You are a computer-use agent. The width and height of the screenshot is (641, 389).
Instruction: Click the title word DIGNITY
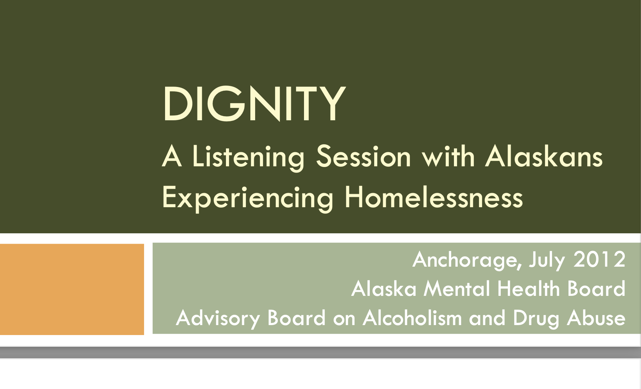[254, 103]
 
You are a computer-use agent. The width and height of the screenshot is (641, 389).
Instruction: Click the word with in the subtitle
[448, 156]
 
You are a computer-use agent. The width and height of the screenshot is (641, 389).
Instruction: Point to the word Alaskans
[544, 156]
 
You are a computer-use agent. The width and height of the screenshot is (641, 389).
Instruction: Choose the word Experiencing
[248, 198]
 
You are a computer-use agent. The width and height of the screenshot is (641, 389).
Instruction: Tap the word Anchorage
[467, 260]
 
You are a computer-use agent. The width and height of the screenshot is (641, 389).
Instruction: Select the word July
[547, 260]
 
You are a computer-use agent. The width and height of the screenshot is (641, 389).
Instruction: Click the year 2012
[599, 259]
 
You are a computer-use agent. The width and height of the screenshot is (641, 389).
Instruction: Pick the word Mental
[457, 289]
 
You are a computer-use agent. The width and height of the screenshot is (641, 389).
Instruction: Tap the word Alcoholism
[412, 318]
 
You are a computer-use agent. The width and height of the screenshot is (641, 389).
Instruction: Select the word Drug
[536, 319]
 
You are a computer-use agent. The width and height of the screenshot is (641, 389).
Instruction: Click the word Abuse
[596, 318]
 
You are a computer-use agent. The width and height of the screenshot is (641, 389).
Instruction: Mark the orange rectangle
[72, 289]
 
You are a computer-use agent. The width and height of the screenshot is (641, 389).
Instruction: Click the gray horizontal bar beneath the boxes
[320, 352]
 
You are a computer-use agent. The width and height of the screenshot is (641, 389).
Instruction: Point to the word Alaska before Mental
[384, 288]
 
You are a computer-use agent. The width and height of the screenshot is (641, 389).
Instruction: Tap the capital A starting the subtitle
[172, 156]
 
